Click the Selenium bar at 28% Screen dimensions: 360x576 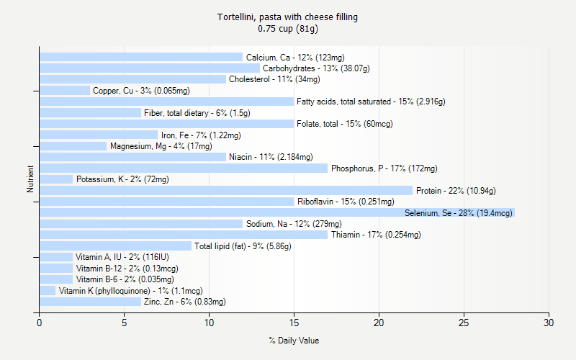277,213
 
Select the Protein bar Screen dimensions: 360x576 226,191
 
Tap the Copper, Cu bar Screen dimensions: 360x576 65,91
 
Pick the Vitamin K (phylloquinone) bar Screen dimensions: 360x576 48,291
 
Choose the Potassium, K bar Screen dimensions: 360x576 56,179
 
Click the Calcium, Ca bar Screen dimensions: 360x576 141,57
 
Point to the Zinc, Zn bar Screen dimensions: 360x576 90,302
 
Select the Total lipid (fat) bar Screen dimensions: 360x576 115,246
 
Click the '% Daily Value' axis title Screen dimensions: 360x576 294,341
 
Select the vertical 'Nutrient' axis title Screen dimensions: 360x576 30,179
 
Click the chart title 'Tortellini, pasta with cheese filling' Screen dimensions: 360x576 288,17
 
